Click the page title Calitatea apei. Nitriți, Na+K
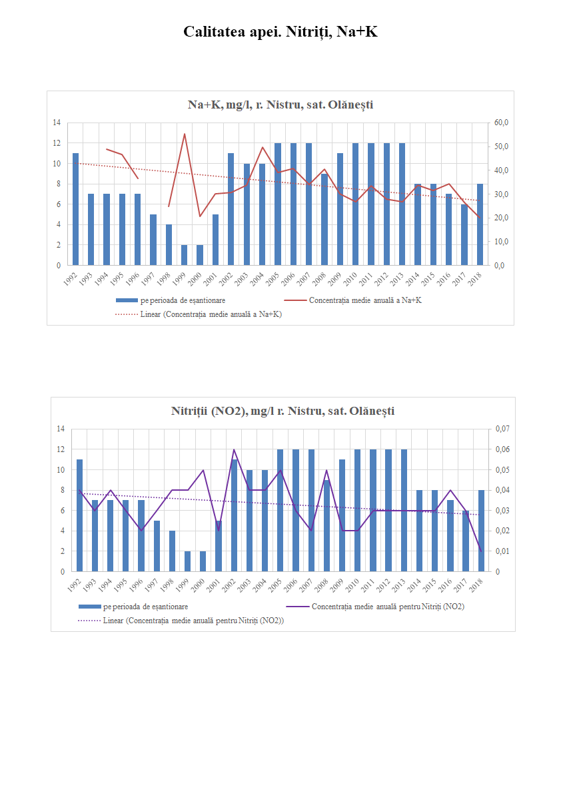pos(280,31)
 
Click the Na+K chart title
pos(280,105)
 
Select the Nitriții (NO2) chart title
pos(282,411)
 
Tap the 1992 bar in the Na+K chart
pos(75,209)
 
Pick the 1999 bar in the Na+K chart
pos(184,255)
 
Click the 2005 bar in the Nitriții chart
pos(280,510)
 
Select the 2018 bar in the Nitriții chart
pos(482,531)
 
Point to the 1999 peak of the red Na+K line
pos(185,134)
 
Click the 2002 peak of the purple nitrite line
pos(234,449)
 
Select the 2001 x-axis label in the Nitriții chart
pos(215,583)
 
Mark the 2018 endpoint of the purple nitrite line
pos(482,551)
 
